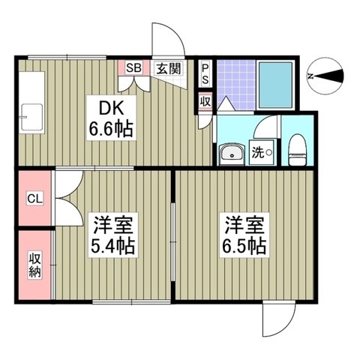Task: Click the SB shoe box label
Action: (x=133, y=67)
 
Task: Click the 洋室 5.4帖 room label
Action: (x=112, y=235)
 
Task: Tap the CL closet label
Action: (x=34, y=199)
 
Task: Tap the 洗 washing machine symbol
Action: (x=260, y=152)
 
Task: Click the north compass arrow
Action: (x=330, y=76)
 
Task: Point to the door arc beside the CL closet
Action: (x=67, y=196)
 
